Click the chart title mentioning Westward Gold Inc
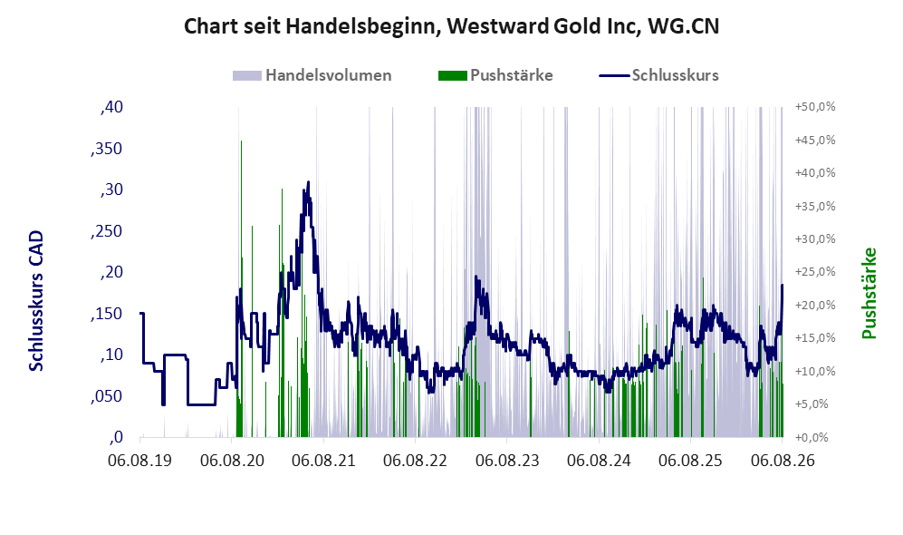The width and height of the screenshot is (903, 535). (x=451, y=26)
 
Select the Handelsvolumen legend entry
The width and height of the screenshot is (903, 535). (x=312, y=75)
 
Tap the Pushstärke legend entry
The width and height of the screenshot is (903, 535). (x=495, y=75)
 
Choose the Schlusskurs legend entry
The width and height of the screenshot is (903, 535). (x=658, y=75)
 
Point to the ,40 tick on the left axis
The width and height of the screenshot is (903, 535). (x=111, y=107)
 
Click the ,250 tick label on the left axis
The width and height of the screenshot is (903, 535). (x=107, y=231)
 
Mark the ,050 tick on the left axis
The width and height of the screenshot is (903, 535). (x=107, y=396)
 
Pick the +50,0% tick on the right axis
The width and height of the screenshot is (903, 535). (x=815, y=107)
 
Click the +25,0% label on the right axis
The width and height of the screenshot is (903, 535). (x=815, y=272)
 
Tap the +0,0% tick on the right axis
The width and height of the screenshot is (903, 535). (x=812, y=438)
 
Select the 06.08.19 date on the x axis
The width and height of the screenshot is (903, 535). (x=140, y=461)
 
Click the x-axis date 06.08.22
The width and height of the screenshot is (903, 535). (x=415, y=461)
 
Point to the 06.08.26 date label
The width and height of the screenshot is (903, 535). (x=783, y=461)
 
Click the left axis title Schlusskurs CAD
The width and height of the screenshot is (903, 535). (x=36, y=300)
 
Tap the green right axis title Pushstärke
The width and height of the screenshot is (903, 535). (x=869, y=294)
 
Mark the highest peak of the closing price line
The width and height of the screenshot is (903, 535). (x=308, y=182)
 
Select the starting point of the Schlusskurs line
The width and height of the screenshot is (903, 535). (x=140, y=313)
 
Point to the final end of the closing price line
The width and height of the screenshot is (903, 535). (x=782, y=285)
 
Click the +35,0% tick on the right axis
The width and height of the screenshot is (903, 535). (x=815, y=207)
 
